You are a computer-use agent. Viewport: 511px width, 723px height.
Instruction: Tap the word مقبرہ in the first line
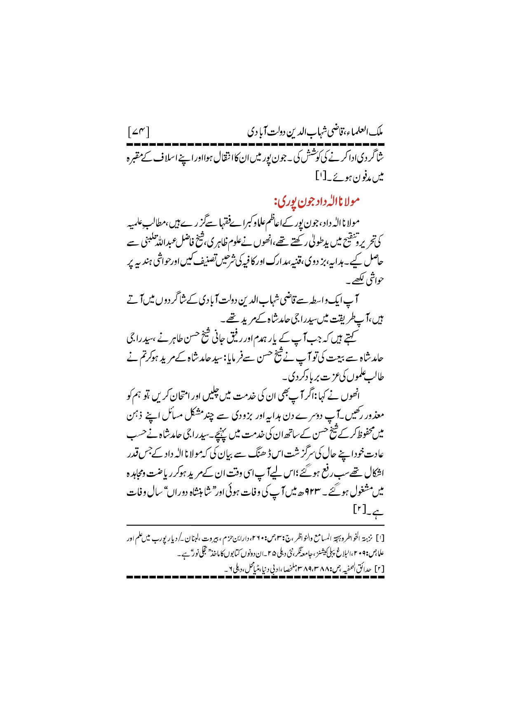click(x=373, y=158)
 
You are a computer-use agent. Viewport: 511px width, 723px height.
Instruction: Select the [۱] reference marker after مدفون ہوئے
click(x=321, y=178)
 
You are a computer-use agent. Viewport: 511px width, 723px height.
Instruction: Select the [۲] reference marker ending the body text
click(x=356, y=510)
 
